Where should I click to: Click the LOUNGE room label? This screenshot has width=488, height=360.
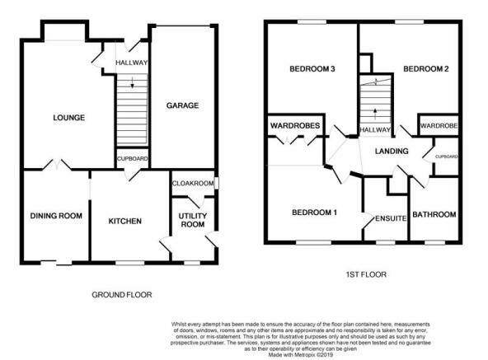68,118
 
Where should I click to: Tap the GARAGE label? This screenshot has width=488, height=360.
182,105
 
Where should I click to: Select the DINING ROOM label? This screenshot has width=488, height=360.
56,216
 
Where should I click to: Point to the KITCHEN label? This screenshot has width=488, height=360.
124,222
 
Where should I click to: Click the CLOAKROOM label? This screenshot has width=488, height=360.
193,184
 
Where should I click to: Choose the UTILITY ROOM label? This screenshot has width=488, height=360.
193,220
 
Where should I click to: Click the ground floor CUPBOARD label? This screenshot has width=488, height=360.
132,159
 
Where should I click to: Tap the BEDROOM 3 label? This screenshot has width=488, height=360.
312,68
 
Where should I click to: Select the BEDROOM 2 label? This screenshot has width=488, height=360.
425,68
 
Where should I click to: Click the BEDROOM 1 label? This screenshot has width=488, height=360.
314,213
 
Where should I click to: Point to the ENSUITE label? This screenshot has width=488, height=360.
391,218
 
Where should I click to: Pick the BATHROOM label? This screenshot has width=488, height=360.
434,214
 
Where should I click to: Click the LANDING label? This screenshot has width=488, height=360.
392,152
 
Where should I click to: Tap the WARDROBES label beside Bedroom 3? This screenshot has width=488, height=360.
295,126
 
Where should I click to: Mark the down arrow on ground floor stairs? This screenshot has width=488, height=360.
132,82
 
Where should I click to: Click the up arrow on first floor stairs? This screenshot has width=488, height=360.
375,115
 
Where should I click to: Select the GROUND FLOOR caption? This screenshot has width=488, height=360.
122,295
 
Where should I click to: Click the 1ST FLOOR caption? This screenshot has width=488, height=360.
366,274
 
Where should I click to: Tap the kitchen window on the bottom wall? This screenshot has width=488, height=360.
130,263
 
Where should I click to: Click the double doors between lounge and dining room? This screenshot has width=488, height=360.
57,165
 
